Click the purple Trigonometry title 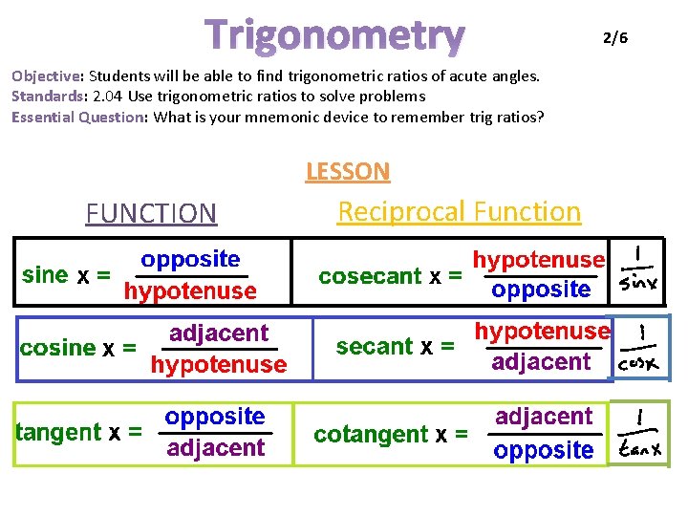[x=335, y=35]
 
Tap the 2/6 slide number [x=614, y=37]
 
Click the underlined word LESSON [x=348, y=172]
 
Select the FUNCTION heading [x=151, y=213]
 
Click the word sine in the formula [x=44, y=275]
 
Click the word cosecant [x=370, y=276]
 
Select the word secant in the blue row [x=375, y=346]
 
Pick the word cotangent [x=372, y=435]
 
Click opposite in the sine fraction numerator [x=190, y=259]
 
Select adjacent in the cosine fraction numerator [x=219, y=333]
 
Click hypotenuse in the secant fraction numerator [x=542, y=332]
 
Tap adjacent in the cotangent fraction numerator [x=544, y=417]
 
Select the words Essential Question [x=77, y=117]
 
